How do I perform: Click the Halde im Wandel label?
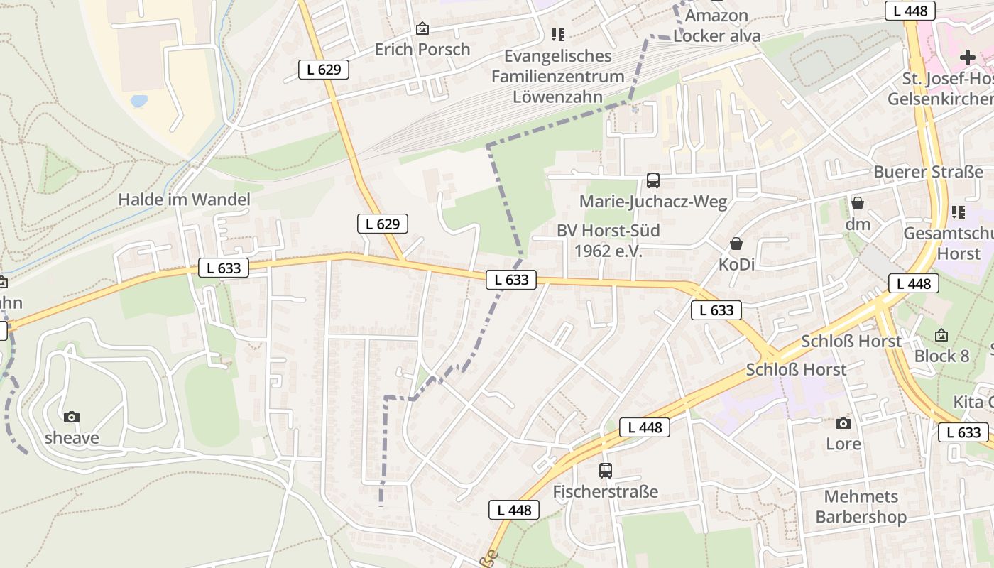[x=184, y=200]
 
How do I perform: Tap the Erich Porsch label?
[x=422, y=49]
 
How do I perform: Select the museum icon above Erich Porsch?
[x=422, y=28]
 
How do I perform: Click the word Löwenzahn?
[x=557, y=97]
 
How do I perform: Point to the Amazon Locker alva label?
[x=716, y=26]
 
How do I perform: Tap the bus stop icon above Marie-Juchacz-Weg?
[x=652, y=180]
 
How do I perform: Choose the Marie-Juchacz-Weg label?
[x=653, y=202]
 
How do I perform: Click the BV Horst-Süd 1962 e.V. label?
[x=608, y=241]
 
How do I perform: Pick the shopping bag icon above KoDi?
[x=736, y=244]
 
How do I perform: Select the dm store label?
[x=858, y=224]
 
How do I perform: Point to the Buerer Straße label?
[x=928, y=172]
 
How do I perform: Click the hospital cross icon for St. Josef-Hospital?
[x=967, y=57]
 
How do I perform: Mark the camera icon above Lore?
[x=843, y=423]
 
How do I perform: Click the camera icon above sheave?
[x=72, y=417]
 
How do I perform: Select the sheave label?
[x=72, y=438]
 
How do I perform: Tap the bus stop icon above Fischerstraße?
[x=606, y=470]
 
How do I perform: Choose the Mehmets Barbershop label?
[x=861, y=506]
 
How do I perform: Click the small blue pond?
[x=139, y=101]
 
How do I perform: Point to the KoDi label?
[x=736, y=264]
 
